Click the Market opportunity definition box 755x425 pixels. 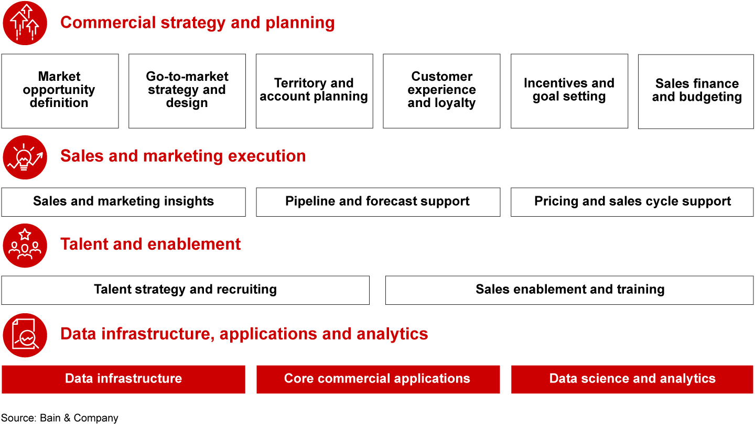[60, 91]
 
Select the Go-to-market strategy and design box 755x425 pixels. [187, 91]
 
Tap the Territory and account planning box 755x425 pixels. [314, 91]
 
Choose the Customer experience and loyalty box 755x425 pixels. [441, 91]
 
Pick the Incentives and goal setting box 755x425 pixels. [569, 91]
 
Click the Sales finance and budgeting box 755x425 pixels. [696, 91]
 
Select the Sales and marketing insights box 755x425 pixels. [123, 202]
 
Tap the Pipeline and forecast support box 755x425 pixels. [377, 202]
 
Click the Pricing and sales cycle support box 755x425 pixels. [632, 202]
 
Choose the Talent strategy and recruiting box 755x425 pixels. [185, 290]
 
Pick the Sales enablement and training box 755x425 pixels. [569, 290]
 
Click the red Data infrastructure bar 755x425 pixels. [123, 379]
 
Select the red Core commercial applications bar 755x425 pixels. [377, 379]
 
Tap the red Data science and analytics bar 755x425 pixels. [632, 379]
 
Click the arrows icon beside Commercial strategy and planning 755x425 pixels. [25, 23]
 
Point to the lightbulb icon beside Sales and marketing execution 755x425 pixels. [25, 157]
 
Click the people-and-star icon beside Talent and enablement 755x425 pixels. [25, 245]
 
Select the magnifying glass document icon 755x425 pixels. [25, 335]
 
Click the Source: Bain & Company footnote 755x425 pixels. [59, 418]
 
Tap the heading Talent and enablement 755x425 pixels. [150, 245]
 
